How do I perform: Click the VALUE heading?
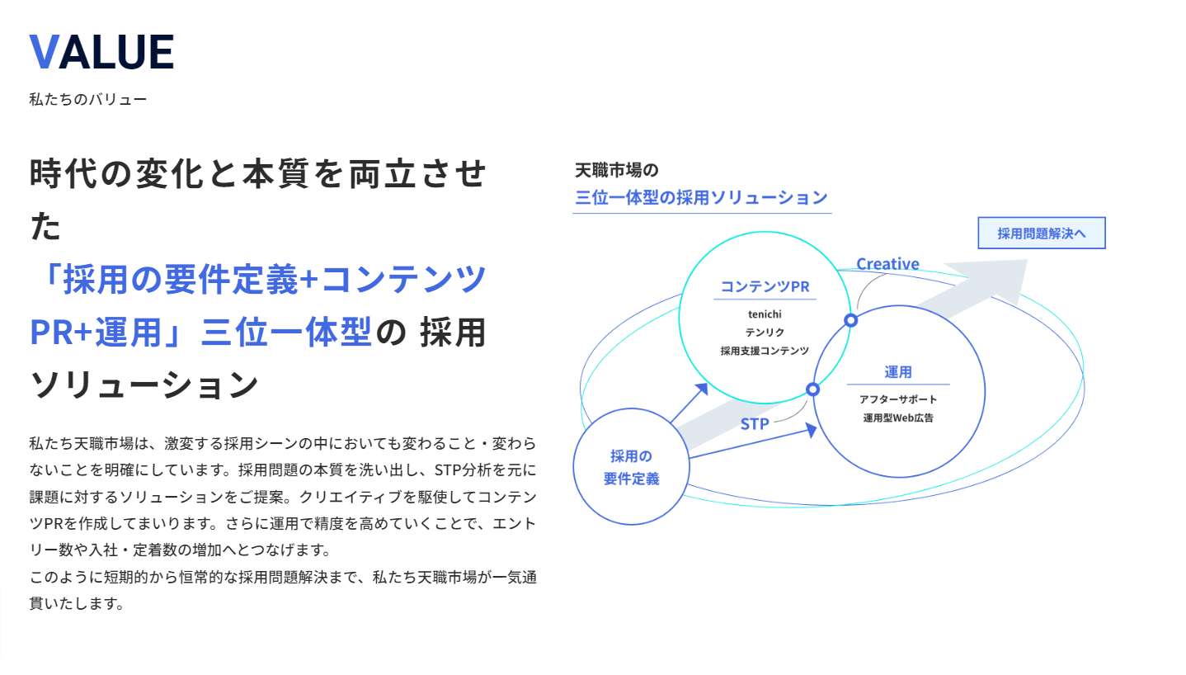[x=101, y=52]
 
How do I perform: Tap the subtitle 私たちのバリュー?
[x=87, y=100]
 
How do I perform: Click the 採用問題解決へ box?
[x=1041, y=234]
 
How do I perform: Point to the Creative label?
[x=887, y=264]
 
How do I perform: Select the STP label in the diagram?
[x=754, y=424]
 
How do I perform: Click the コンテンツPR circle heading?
[x=765, y=287]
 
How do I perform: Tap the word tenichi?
[x=765, y=314]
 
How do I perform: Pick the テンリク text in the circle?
[x=765, y=332]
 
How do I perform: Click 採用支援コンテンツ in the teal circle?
[x=765, y=351]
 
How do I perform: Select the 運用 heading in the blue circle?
[x=898, y=372]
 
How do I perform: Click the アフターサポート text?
[x=898, y=399]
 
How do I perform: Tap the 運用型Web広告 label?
[x=898, y=418]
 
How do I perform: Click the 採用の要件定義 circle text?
[x=631, y=467]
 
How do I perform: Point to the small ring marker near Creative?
[x=850, y=320]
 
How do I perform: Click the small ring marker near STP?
[x=812, y=389]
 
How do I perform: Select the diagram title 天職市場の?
[x=616, y=171]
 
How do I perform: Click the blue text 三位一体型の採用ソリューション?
[x=701, y=198]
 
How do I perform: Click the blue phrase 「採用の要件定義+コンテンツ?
[x=258, y=280]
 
